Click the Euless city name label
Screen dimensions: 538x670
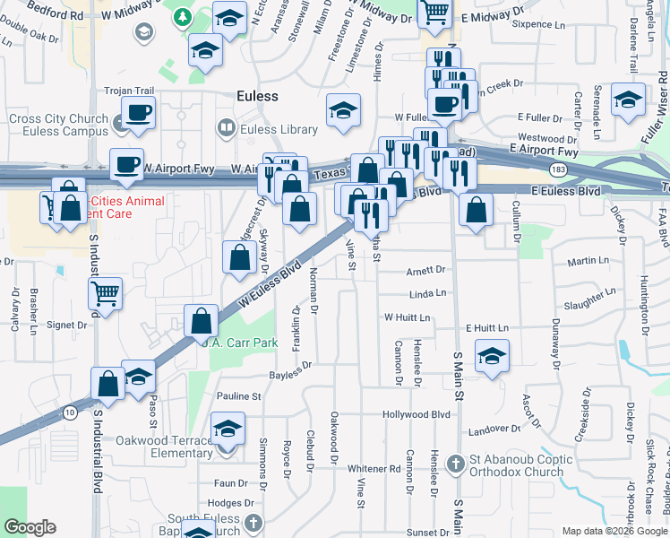tap(257, 96)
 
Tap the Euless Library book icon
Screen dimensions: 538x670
tap(226, 130)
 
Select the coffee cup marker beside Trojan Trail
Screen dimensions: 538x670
tap(138, 113)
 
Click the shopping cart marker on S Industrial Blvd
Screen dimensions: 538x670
tap(106, 293)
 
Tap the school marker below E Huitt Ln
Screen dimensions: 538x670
tap(492, 356)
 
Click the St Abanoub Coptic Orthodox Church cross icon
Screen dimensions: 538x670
tap(456, 464)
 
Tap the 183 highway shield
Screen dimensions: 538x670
tap(557, 169)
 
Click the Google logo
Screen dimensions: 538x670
tap(30, 527)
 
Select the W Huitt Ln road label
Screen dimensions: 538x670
tap(408, 317)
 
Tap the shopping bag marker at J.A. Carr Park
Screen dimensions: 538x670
tap(202, 321)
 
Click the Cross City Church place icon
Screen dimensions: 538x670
tap(119, 120)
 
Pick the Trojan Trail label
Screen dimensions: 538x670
tap(130, 91)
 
